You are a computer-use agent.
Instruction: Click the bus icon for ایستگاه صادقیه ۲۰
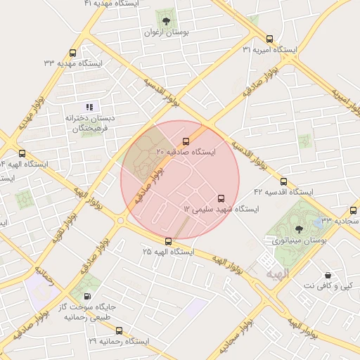[186, 141]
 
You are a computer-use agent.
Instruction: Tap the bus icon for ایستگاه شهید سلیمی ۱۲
[221, 198]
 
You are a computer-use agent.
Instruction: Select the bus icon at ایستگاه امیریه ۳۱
[269, 39]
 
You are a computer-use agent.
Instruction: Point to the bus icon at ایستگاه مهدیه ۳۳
[73, 53]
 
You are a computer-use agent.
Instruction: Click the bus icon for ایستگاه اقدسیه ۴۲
[283, 181]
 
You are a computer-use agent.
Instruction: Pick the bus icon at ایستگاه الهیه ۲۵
[168, 241]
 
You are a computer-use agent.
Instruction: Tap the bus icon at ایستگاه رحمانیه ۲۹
[118, 330]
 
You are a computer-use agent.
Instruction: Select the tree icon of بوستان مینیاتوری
[299, 229]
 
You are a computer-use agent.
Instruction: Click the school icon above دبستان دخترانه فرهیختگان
[89, 107]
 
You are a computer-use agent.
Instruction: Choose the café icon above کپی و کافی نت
[328, 275]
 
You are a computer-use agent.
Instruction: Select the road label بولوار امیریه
[345, 101]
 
